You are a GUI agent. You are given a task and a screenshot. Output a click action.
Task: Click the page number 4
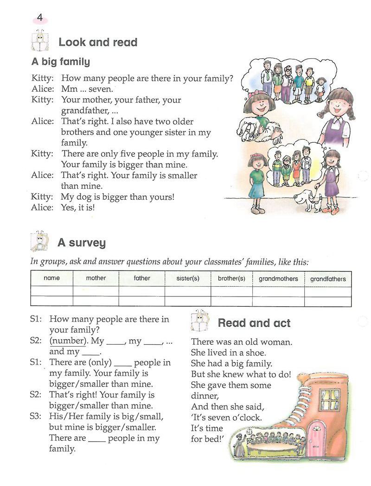coord(40,18)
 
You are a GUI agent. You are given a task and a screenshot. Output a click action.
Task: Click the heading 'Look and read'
coord(98,43)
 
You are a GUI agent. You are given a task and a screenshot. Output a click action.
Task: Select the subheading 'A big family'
coord(61,62)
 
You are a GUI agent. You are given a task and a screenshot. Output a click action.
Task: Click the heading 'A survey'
coord(82,243)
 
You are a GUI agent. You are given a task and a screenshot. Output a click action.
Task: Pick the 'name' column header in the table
coord(51,278)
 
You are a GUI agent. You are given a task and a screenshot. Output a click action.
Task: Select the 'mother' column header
coord(96,278)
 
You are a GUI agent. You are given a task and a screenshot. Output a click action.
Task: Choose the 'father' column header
coord(142,278)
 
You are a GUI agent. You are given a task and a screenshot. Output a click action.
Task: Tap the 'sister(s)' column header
coord(188,278)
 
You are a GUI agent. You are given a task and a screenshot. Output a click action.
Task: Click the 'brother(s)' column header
coord(231,278)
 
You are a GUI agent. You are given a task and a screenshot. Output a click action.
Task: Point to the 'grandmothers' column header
coord(279,279)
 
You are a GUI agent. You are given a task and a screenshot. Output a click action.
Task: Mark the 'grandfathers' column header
coord(328,279)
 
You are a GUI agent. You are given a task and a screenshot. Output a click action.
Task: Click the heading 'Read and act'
coord(254,323)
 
